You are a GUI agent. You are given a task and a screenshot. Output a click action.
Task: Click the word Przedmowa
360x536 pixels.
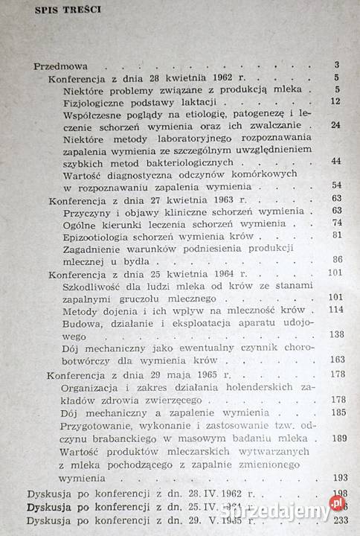[x=56, y=66]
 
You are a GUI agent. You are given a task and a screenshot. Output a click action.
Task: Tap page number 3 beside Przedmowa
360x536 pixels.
[x=337, y=66]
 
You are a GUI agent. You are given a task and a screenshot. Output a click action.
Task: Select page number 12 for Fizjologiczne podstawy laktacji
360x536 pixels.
[x=335, y=101]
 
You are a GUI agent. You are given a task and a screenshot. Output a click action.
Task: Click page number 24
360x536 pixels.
[x=335, y=124]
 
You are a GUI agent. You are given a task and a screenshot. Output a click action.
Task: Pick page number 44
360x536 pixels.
[x=335, y=161]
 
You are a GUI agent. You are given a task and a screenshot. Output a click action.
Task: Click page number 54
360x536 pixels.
[x=335, y=185]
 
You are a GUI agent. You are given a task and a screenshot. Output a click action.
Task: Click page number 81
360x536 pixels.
[x=336, y=235]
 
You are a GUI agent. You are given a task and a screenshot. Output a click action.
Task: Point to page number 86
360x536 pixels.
[x=336, y=259]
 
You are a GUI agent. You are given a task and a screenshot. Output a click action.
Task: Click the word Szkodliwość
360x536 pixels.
[x=92, y=285]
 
